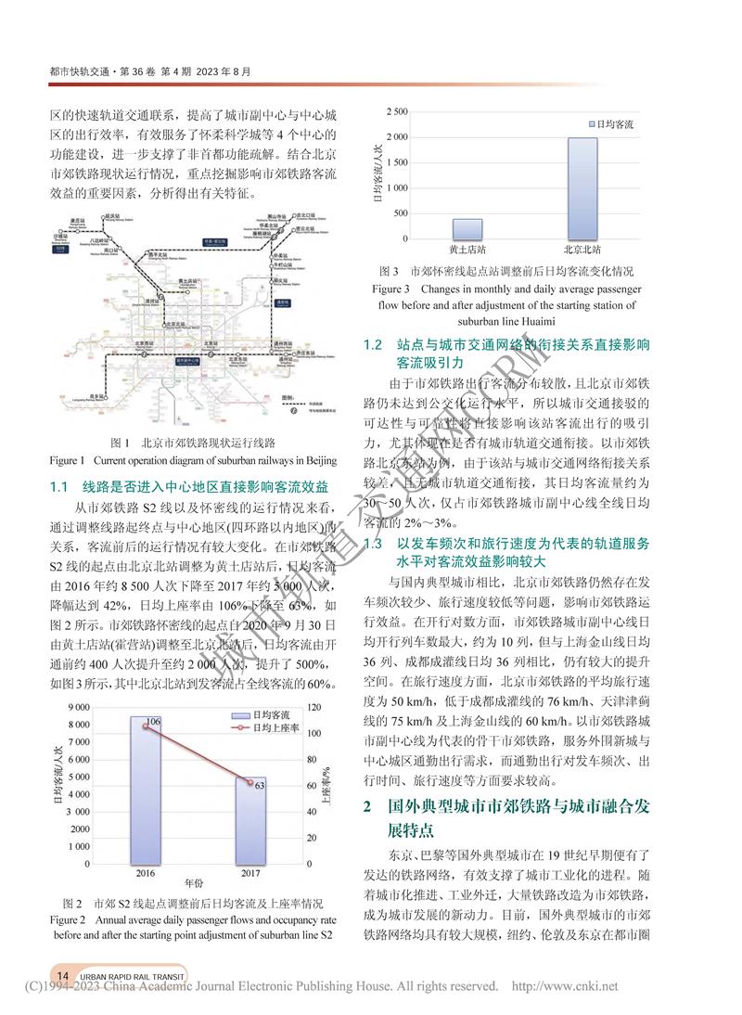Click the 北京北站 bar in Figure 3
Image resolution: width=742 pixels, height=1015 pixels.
point(582,188)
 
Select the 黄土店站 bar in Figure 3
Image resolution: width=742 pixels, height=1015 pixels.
point(467,229)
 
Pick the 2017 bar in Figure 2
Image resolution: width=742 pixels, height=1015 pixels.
point(249,820)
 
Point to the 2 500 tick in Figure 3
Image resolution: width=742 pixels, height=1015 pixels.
point(396,112)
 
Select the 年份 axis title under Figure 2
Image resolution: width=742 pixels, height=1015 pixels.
point(196,882)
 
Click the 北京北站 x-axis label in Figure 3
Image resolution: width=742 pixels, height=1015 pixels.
point(582,251)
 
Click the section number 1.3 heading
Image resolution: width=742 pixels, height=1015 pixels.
point(373,544)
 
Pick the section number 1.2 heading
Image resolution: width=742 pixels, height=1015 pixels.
point(373,344)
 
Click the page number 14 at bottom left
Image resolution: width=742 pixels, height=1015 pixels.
point(62,975)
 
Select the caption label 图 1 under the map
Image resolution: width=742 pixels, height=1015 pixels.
point(121,442)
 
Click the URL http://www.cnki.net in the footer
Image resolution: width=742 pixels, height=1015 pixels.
point(564,986)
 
